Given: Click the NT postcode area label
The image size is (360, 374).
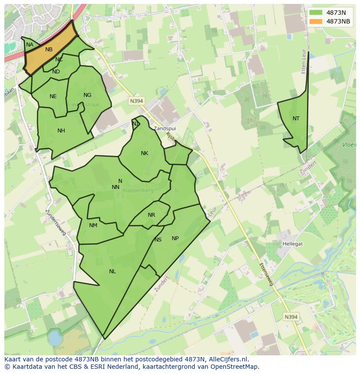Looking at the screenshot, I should point(296,119).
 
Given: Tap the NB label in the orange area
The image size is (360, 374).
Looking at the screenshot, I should point(49,50).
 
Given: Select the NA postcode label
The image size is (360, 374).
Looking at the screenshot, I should point(30,45).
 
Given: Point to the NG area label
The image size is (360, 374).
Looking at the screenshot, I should point(87,95).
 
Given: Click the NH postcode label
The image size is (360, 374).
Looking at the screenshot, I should point(61,131).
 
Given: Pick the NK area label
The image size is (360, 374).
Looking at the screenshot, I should point(144,153).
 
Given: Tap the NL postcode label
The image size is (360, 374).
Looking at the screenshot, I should point(113,271).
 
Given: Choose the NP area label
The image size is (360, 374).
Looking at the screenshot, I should point(175,238).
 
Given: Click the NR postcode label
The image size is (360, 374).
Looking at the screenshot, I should point(151,215).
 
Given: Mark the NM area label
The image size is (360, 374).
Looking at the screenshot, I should point(93,225).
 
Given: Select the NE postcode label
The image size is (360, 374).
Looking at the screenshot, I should point(53,96).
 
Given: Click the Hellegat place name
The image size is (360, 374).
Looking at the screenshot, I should point(293,244).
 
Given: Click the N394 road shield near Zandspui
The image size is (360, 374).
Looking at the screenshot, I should point(136,101).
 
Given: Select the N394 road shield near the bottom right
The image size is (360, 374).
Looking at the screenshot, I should point(291,317).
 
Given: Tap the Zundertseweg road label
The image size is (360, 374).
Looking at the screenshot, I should point(56,223).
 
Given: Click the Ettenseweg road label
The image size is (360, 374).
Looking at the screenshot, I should point(266,274).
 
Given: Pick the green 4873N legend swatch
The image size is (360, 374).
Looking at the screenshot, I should point(316,13).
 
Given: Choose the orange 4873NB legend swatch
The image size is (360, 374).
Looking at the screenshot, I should point(316,22).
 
